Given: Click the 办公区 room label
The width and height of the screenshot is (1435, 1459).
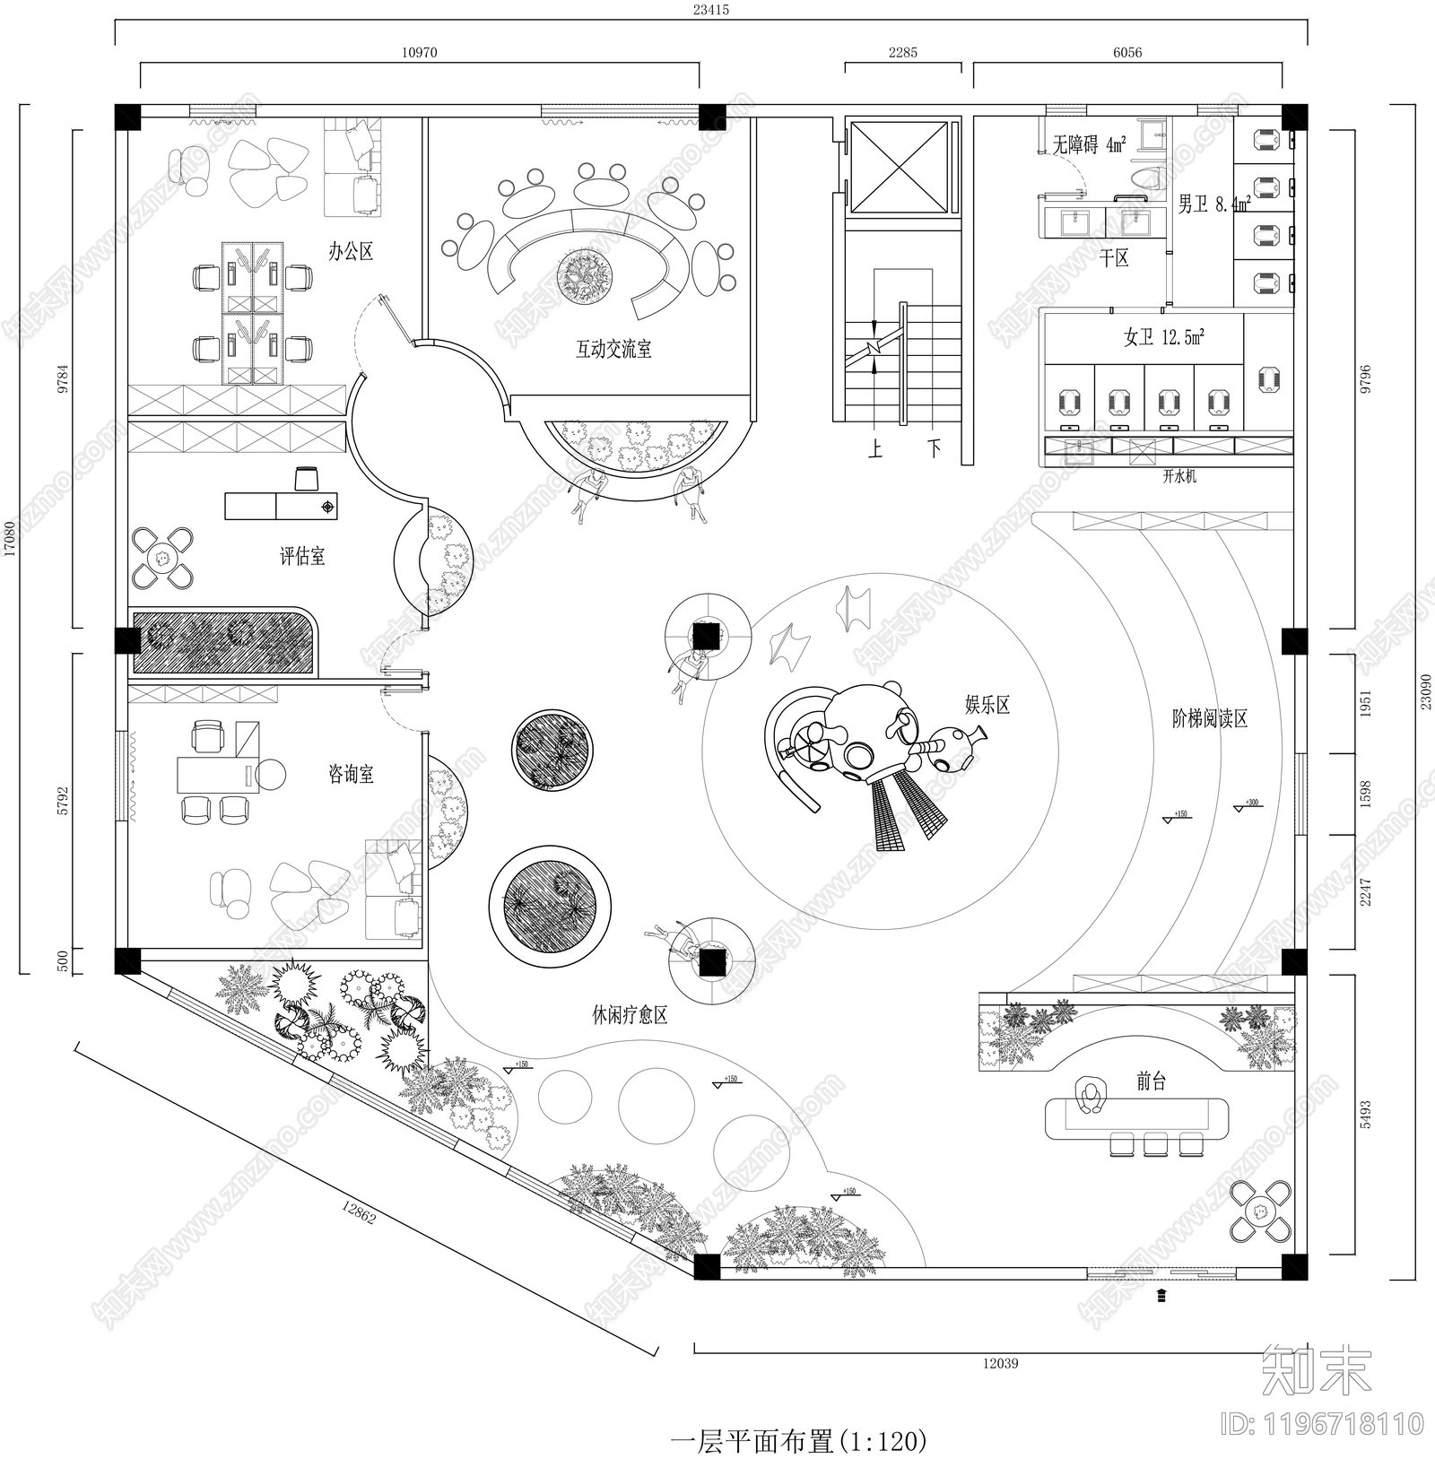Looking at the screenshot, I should click(x=350, y=251).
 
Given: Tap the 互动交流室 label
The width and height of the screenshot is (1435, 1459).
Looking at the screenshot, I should click(x=613, y=349).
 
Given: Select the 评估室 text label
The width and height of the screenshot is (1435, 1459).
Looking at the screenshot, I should click(x=302, y=556).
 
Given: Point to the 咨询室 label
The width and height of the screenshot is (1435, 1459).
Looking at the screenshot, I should click(x=351, y=773).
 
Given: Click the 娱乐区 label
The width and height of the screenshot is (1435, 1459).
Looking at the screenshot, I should click(x=987, y=705).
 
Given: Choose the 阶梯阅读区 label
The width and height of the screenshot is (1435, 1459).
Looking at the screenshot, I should click(x=1210, y=718).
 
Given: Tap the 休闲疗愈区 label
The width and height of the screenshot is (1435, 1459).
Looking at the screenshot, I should click(x=630, y=1015).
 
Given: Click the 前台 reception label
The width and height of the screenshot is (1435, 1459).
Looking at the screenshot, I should click(x=1151, y=1081).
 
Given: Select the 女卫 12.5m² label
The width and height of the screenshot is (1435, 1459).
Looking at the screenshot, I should click(x=1163, y=337).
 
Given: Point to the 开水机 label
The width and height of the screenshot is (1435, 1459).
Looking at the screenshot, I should click(x=1179, y=477).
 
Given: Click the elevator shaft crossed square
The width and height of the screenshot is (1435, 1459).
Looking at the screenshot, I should click(x=899, y=169).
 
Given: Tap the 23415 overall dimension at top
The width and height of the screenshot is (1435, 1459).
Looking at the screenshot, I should click(x=710, y=10).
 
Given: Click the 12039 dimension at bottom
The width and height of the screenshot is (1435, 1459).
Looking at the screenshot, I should click(x=1000, y=1363).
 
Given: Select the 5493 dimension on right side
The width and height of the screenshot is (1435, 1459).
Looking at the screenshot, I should click(x=1366, y=1115).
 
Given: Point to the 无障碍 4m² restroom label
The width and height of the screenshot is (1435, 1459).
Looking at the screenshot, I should click(x=1089, y=144).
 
